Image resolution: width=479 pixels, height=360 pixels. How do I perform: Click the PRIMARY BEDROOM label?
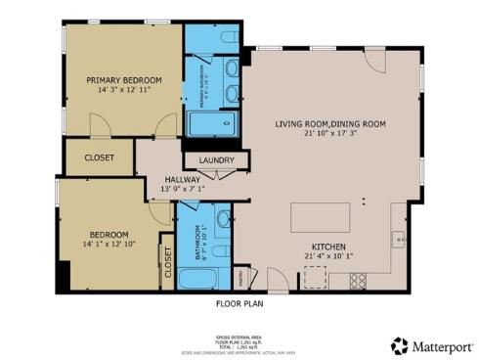[123, 80]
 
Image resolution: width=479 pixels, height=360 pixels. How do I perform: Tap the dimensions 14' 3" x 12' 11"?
[123, 90]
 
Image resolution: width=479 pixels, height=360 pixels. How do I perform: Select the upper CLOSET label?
[99, 157]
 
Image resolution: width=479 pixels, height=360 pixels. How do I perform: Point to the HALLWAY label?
[182, 179]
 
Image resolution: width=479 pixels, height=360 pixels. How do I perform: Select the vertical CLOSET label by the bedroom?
[167, 264]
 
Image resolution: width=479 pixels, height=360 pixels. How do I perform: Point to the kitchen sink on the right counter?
[398, 237]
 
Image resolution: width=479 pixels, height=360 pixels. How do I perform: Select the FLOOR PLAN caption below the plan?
[239, 304]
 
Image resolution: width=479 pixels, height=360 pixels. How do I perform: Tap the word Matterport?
[440, 345]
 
